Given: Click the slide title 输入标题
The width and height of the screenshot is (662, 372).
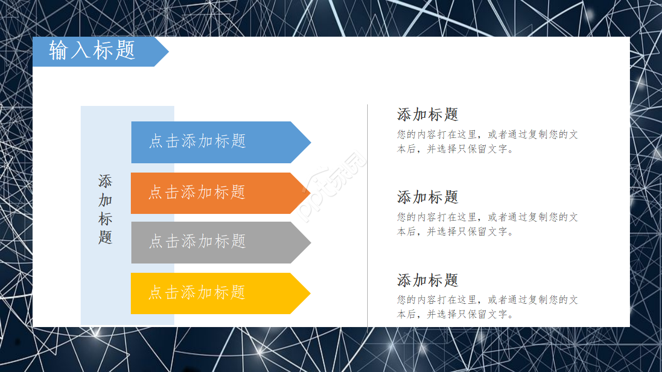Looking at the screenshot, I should [x=92, y=51].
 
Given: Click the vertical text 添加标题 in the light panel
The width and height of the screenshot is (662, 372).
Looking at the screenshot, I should [x=106, y=209].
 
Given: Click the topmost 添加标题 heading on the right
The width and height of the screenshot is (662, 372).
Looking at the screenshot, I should [x=428, y=114].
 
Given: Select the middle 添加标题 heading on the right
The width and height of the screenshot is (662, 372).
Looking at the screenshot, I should [x=428, y=197].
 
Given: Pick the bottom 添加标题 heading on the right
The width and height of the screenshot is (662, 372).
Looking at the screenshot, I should [x=428, y=280].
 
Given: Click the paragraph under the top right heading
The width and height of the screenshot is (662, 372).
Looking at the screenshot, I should [x=487, y=142].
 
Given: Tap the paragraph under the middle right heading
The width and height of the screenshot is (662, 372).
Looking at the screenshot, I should [x=487, y=224].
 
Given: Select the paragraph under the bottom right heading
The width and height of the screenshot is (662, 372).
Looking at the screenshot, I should [x=487, y=307].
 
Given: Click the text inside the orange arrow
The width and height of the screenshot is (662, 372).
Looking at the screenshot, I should [x=197, y=193].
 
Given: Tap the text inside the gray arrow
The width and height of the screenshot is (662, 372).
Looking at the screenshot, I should [x=197, y=241].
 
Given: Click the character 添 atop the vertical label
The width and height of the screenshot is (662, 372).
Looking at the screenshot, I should [x=106, y=181].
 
